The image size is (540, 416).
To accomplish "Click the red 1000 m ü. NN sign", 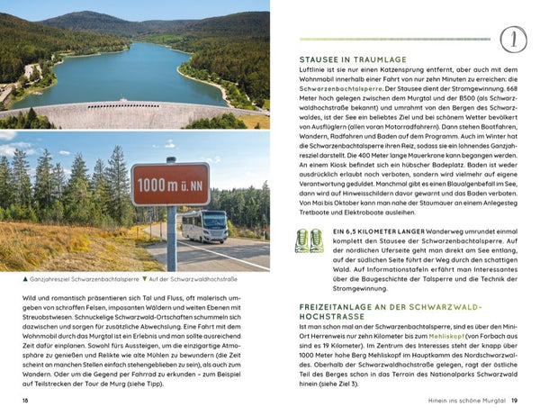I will pyautogui.click(x=169, y=185).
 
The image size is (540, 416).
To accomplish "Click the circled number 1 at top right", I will pyautogui.click(x=512, y=40).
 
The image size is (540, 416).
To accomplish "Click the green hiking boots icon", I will pyautogui.click(x=310, y=240).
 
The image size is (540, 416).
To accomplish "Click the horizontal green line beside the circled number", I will pyautogui.click(x=396, y=40).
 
